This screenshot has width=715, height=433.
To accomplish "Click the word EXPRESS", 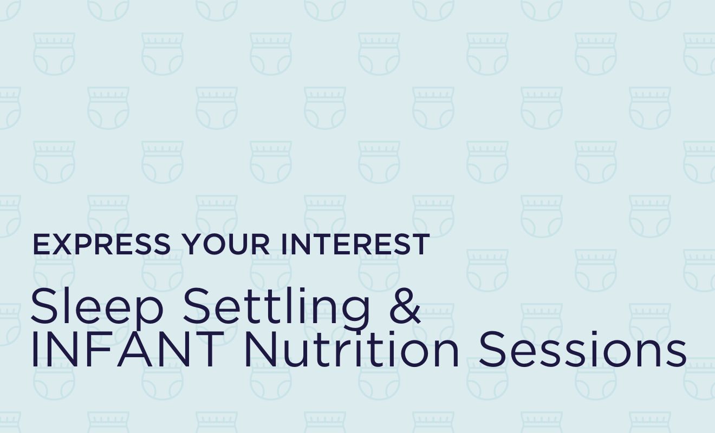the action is [101, 244].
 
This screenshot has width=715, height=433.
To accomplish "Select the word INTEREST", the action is [355, 244].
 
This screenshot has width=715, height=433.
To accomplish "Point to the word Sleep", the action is [97, 307].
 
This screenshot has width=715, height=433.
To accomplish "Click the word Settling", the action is [276, 307].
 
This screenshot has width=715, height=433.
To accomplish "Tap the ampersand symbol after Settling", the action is [405, 305].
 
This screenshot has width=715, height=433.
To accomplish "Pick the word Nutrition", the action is [351, 349].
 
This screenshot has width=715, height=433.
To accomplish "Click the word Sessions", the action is [582, 349].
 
